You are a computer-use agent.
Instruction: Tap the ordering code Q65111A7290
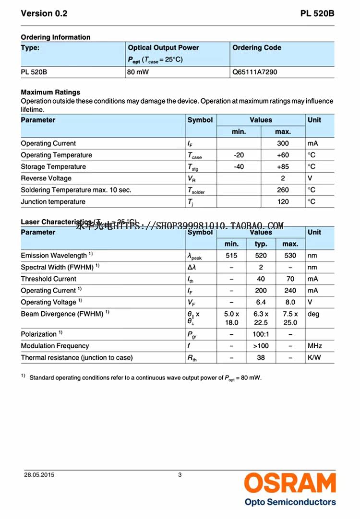coord(254,72)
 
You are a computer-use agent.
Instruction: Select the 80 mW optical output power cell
coord(138,72)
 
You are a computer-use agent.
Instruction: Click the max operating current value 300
coord(283,143)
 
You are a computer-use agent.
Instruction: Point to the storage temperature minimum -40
coord(239,166)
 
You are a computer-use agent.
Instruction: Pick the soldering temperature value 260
coord(283,190)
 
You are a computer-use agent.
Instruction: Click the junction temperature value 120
coord(283,201)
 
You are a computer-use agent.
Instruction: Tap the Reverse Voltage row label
coord(46,178)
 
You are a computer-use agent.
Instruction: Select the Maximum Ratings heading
coord(50,92)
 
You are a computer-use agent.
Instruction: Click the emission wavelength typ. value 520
coord(261,256)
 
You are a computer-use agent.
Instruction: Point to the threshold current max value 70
coord(290,279)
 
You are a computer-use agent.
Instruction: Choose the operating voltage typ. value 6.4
coord(261,302)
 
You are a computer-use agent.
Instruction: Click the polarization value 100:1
coord(261,334)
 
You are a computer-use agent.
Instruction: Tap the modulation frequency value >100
coord(261,346)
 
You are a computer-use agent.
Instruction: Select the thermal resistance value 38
coord(261,357)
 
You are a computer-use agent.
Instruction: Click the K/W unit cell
coord(314,357)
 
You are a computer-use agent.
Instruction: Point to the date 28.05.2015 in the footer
coord(39,475)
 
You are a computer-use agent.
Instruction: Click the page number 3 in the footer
coord(180,475)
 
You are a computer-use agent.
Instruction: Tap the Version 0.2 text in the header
coord(44,13)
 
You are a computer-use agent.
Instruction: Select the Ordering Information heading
coord(55,37)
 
